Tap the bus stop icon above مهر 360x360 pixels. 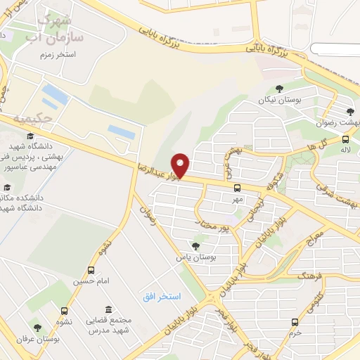coord(237,188)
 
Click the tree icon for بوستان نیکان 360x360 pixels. coord(280,89)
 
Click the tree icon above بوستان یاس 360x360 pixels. coord(195,245)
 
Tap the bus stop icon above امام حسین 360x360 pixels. coord(91,271)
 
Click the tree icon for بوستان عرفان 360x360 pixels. coord(37,328)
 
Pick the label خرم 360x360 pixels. coord(295,331)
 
